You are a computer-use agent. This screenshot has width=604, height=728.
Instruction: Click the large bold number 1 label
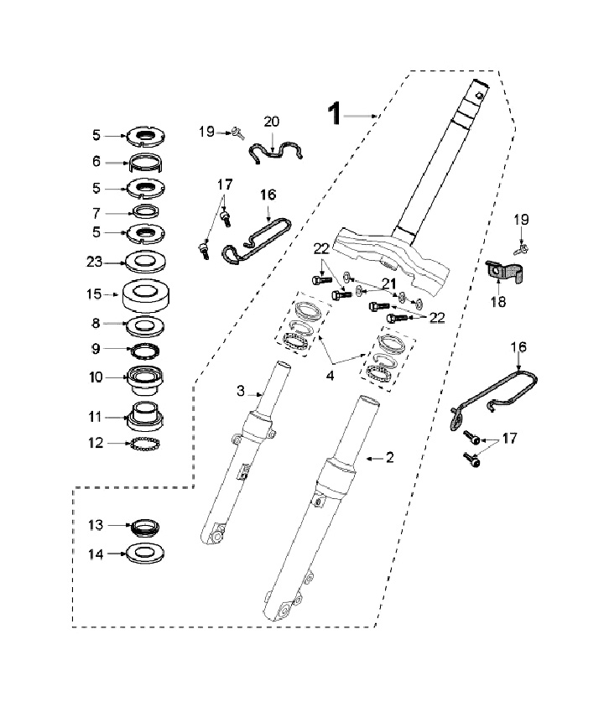(334, 114)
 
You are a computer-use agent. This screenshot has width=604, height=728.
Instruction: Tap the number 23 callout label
(94, 262)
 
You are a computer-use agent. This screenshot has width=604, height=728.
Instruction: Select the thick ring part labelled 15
(146, 296)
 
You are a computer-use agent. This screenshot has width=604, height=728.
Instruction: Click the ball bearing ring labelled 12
(145, 444)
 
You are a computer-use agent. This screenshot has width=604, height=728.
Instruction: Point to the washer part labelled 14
(146, 553)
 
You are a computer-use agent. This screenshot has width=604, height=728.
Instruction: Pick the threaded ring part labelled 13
(145, 527)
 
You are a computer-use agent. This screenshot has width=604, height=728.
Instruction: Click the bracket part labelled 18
(503, 274)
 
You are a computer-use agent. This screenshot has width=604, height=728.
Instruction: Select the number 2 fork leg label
(389, 457)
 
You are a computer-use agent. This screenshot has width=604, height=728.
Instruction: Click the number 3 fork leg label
(240, 391)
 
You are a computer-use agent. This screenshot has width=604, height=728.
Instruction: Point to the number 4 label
(330, 375)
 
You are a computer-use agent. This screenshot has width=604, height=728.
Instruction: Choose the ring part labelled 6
(145, 163)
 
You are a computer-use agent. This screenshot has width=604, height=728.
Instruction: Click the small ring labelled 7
(146, 211)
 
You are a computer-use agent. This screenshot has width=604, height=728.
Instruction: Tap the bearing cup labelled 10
(146, 378)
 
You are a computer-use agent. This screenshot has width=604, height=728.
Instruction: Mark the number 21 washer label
(388, 283)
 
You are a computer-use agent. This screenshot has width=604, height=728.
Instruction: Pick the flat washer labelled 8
(146, 325)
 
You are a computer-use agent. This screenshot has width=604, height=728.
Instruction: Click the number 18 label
(498, 302)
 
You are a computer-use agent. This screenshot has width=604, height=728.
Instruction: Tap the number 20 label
(272, 122)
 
